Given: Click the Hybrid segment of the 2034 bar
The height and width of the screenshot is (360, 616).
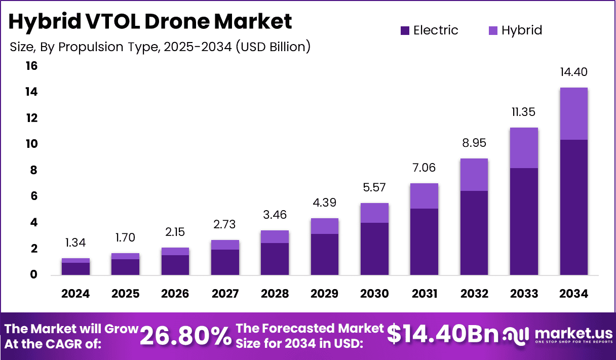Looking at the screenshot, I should [x=573, y=114].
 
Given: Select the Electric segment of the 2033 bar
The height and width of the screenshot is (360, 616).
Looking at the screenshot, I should [x=524, y=221].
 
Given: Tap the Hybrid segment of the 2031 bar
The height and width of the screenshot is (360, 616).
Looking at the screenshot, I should [x=424, y=196].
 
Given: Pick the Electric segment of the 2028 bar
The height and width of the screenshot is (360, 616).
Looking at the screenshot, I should [x=275, y=259].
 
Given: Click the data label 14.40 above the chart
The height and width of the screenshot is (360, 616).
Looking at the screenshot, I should [x=573, y=72].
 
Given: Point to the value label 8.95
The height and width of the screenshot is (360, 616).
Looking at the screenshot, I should [x=474, y=143].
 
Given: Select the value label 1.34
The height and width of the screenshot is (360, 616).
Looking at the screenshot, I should [x=75, y=243].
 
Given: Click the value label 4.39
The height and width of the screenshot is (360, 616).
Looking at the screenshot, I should [x=324, y=203].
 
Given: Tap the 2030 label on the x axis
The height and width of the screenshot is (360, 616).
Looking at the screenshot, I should [x=374, y=294].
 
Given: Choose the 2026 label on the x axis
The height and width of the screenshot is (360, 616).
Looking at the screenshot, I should [x=175, y=294].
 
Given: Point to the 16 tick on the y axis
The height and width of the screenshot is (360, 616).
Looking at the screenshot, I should [x=31, y=66].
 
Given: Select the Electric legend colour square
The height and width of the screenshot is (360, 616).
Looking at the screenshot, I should [x=404, y=31].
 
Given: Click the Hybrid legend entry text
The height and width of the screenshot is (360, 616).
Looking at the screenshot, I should [x=522, y=30].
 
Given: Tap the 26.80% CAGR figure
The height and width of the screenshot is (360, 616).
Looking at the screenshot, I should [x=185, y=336].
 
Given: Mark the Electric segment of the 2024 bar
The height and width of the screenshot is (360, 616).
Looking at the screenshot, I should [x=75, y=268].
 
